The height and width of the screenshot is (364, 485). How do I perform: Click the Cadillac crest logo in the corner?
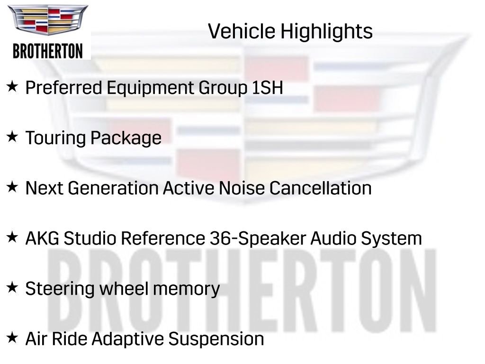coord(48,21)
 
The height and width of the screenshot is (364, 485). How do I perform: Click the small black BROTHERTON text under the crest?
coord(48,51)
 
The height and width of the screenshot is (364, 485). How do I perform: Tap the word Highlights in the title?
coord(327,32)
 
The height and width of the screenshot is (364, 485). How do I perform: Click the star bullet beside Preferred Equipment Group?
coord(12,87)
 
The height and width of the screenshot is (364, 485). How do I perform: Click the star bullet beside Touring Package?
coord(12,137)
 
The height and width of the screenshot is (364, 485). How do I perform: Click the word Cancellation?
coord(320,188)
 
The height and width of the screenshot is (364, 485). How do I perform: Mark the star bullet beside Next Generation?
coord(12,187)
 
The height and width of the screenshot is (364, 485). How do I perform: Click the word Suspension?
coord(216,339)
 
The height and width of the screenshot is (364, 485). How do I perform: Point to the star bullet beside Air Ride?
coord(12,338)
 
